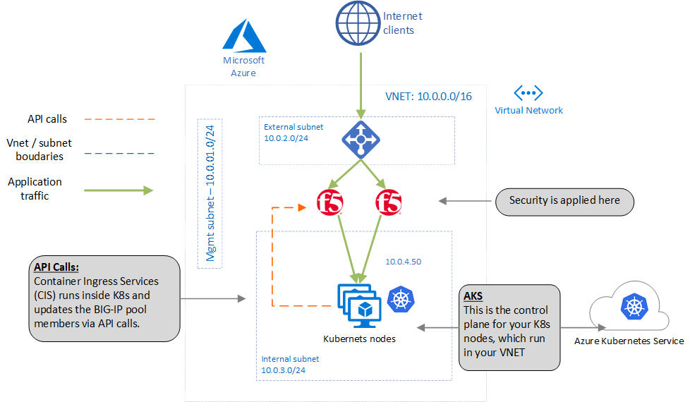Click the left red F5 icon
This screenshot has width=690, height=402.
point(330,202)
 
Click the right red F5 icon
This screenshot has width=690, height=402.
point(389,202)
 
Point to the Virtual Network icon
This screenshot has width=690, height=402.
point(528,92)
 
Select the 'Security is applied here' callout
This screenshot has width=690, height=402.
point(564,201)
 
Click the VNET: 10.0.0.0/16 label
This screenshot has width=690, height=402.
point(428,96)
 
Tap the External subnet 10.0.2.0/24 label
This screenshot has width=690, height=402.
point(293,133)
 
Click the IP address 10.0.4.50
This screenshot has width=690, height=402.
point(404,262)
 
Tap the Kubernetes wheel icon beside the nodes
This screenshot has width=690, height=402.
point(399,298)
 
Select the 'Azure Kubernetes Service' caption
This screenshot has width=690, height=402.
point(629,341)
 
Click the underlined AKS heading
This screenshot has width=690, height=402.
point(473,296)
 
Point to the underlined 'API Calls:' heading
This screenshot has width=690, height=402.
point(56,268)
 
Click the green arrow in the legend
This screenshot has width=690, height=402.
point(119,190)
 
